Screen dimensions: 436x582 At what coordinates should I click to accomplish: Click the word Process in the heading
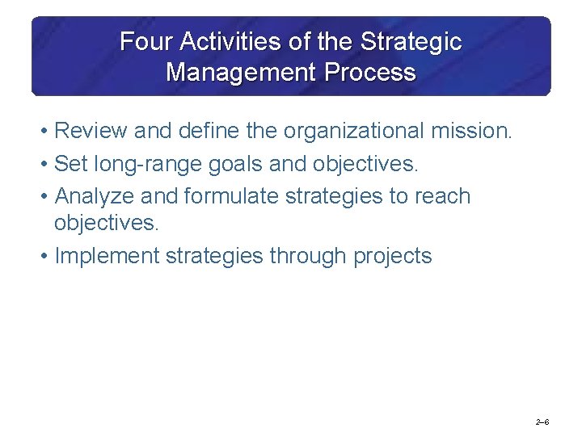pyautogui.click(x=369, y=72)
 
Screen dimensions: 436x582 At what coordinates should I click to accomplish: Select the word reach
pyautogui.click(x=436, y=196)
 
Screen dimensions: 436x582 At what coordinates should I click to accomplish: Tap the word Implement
pyautogui.click(x=107, y=256)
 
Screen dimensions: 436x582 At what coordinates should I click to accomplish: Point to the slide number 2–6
pyautogui.click(x=542, y=422)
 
